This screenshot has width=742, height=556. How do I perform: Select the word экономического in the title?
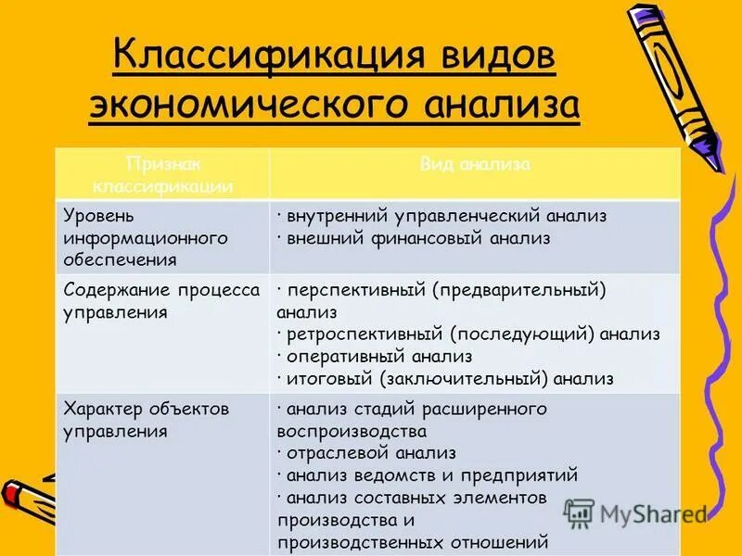click(x=246, y=105)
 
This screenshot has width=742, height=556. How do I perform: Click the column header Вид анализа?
click(x=475, y=165)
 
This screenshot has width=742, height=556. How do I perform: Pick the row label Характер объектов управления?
click(x=146, y=419)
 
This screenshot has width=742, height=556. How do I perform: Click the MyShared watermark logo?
click(x=635, y=512)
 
